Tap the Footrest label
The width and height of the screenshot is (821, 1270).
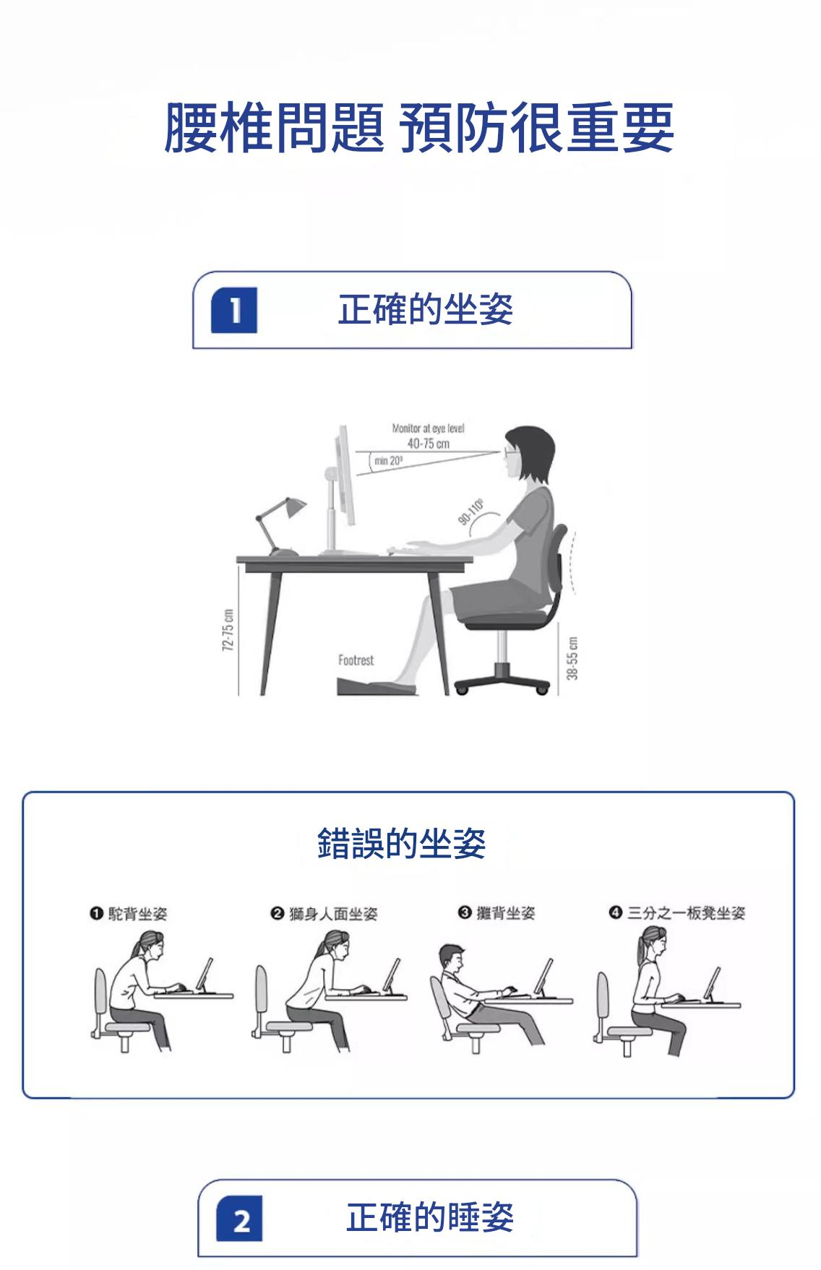(356, 660)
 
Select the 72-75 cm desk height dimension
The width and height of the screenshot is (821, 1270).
(228, 630)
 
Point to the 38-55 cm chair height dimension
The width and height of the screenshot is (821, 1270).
(572, 658)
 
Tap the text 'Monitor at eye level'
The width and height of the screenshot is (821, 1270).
(428, 428)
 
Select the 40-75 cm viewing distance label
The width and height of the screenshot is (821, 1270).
(428, 444)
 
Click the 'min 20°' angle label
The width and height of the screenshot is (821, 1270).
(388, 461)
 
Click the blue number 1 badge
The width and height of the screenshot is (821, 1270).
(233, 310)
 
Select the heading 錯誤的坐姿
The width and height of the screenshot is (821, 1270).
(401, 843)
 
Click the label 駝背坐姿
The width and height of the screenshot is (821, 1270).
(137, 914)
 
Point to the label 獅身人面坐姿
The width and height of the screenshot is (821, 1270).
(333, 914)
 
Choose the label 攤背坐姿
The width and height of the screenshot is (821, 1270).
(506, 913)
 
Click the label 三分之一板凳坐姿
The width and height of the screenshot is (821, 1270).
(686, 913)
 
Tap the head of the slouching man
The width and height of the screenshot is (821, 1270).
(451, 958)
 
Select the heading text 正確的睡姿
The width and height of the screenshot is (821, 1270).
(430, 1217)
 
